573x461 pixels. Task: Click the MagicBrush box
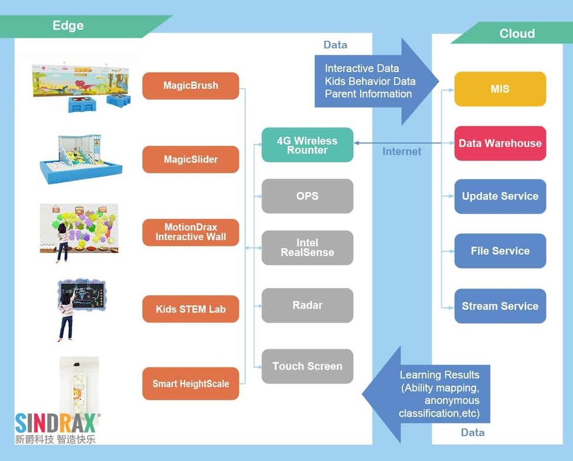pyautogui.click(x=191, y=86)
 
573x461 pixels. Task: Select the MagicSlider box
pyautogui.click(x=191, y=160)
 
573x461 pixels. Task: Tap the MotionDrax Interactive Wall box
pyautogui.click(x=191, y=233)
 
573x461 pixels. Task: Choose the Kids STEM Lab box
pyautogui.click(x=191, y=309)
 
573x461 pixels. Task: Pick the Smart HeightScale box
pyautogui.click(x=191, y=384)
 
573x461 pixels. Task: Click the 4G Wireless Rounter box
pyautogui.click(x=307, y=145)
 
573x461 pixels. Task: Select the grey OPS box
pyautogui.click(x=307, y=196)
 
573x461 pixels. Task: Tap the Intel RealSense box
pyautogui.click(x=307, y=248)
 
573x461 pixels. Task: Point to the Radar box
pyautogui.click(x=307, y=305)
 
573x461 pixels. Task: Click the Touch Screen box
pyautogui.click(x=307, y=366)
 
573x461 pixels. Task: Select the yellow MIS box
pyautogui.click(x=500, y=89)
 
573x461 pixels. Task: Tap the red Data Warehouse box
pyautogui.click(x=500, y=143)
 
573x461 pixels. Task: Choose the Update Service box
pyautogui.click(x=500, y=196)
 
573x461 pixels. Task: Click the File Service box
pyautogui.click(x=500, y=251)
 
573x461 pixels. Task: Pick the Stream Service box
pyautogui.click(x=500, y=306)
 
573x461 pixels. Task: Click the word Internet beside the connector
pyautogui.click(x=402, y=151)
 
